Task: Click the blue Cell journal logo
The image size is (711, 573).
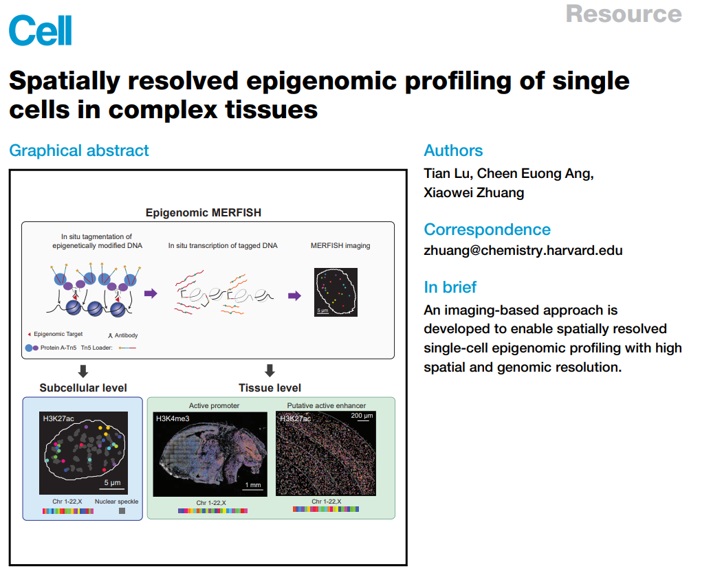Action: point(41,30)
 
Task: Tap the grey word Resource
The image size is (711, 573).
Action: point(624,14)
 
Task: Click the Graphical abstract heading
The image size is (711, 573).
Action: point(79,150)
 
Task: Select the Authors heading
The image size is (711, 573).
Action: point(453,150)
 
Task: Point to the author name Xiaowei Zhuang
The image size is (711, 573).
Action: point(474,192)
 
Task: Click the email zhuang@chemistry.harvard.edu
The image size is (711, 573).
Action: point(523,251)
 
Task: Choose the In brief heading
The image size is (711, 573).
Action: point(450,287)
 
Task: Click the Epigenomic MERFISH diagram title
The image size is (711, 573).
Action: point(203,212)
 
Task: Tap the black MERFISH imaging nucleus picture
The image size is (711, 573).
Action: point(336,292)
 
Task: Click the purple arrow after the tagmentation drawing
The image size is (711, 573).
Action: point(151,293)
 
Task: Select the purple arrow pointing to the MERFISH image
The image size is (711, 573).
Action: point(294,296)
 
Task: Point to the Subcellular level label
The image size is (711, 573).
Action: point(83,387)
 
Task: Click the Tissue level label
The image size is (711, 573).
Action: point(270,387)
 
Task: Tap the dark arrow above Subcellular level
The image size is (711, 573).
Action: point(83,371)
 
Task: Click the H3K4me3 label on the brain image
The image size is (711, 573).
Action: point(173,418)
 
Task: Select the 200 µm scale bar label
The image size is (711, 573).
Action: point(362,416)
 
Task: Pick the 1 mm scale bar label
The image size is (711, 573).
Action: point(253,485)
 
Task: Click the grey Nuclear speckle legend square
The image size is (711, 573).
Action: point(122,511)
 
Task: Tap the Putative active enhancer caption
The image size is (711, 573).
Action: point(327,405)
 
